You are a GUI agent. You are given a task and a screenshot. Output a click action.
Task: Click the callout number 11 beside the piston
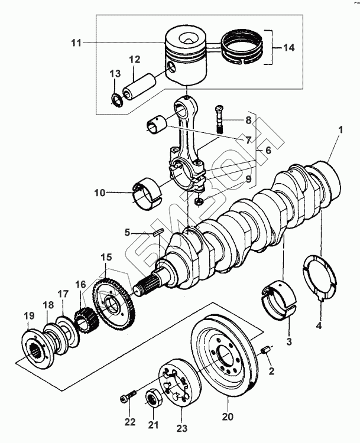(76, 43)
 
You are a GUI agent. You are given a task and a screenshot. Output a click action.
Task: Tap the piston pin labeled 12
(139, 86)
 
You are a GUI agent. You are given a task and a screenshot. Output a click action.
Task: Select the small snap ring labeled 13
(116, 99)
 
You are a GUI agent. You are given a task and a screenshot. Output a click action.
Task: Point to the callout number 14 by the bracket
(288, 47)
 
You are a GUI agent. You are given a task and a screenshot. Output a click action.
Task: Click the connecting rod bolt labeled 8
(219, 119)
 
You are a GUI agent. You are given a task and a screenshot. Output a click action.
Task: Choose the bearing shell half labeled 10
(146, 194)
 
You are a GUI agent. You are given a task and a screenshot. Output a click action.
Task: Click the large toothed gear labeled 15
(113, 306)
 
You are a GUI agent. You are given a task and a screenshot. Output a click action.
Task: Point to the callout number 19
(29, 315)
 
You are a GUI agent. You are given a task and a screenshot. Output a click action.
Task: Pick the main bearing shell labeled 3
(280, 300)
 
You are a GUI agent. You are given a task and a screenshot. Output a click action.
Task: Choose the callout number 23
(182, 429)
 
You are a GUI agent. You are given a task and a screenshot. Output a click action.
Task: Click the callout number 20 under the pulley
(228, 417)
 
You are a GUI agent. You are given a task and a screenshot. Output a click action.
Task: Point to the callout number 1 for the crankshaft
(340, 131)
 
